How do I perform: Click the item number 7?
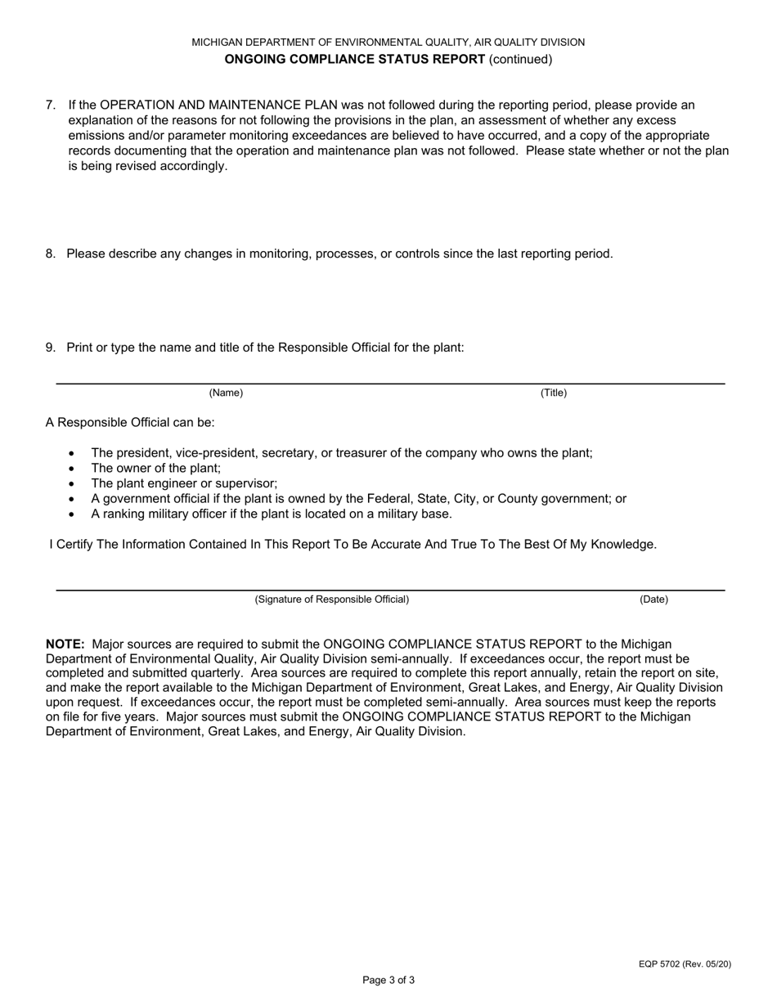click(x=50, y=105)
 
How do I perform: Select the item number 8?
click(x=50, y=254)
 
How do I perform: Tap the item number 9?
click(x=50, y=347)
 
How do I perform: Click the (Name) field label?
click(x=226, y=393)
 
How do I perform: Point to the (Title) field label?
click(x=553, y=393)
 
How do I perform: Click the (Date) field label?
click(x=653, y=600)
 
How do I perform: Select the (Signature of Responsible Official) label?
click(x=331, y=600)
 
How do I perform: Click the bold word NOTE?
click(x=65, y=644)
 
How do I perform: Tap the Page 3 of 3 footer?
click(x=388, y=980)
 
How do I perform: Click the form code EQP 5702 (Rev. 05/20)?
click(x=685, y=964)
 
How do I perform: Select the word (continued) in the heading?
click(x=520, y=59)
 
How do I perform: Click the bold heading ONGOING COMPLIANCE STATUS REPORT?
click(x=354, y=59)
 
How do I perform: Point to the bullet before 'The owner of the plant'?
click(x=72, y=469)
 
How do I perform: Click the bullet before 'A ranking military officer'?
click(x=72, y=514)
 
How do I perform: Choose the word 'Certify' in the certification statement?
click(x=74, y=544)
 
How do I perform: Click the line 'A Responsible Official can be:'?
click(x=130, y=422)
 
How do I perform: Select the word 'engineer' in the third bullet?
click(x=165, y=483)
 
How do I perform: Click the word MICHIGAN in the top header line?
click(x=218, y=42)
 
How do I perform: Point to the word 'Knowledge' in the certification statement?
click(x=622, y=544)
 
